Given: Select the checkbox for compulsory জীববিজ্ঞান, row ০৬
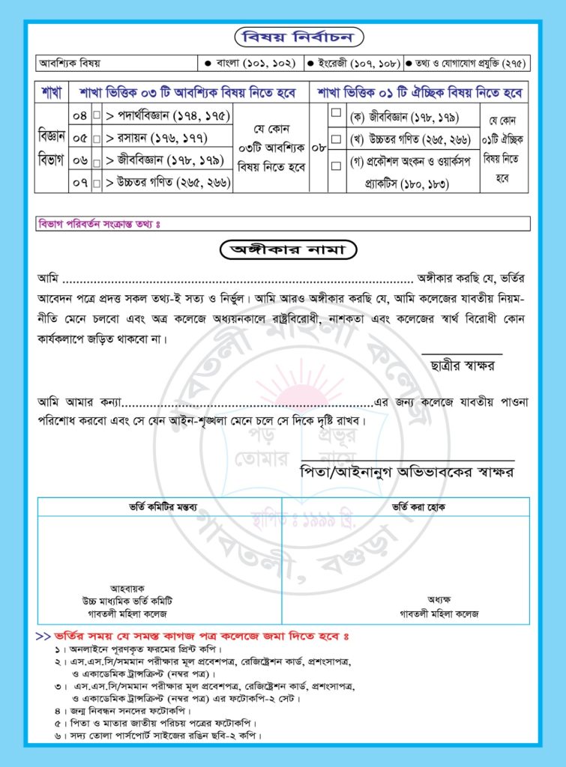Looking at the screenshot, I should (x=96, y=160).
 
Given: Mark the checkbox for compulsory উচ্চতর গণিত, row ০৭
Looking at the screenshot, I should (x=96, y=181).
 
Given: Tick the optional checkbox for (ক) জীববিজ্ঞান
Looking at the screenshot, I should (x=336, y=114).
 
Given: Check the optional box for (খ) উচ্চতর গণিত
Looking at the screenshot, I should (x=336, y=139).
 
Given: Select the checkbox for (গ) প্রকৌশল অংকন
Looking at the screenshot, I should (x=336, y=163).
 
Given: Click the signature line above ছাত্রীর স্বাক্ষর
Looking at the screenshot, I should (x=462, y=353).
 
